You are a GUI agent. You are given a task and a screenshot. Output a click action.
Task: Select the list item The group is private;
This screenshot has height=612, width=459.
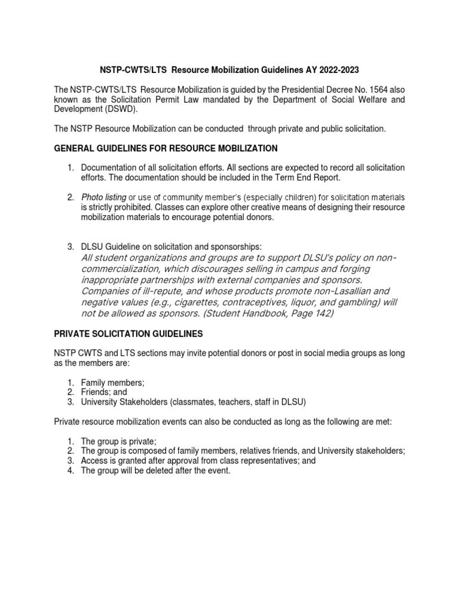click(x=118, y=441)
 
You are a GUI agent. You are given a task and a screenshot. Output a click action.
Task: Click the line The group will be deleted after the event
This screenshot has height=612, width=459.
click(x=155, y=471)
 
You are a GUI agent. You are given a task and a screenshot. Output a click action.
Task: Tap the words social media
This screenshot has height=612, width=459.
click(x=286, y=353)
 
